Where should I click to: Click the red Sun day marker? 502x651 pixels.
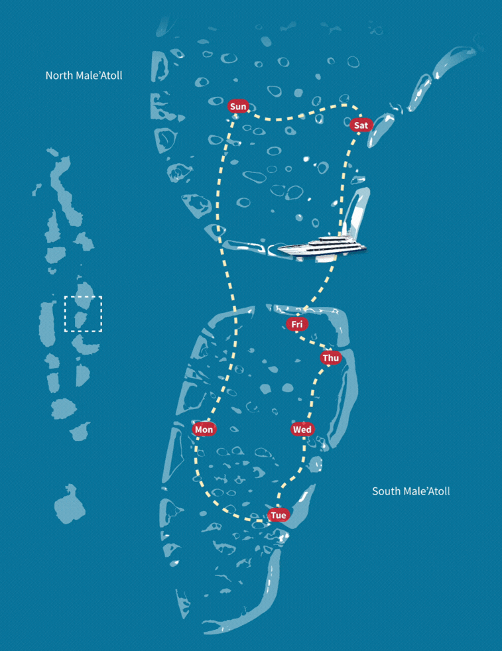tap(237, 106)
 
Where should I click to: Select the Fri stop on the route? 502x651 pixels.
tap(297, 324)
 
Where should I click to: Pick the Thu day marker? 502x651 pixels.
tap(330, 358)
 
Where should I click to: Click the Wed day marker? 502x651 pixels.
tap(302, 430)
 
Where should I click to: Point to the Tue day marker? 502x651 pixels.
tap(279, 515)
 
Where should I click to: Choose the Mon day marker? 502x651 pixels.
tap(204, 430)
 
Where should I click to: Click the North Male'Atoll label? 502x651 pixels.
tap(84, 76)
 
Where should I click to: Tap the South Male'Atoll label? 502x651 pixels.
tap(410, 491)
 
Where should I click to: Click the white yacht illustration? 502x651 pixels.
tap(322, 245)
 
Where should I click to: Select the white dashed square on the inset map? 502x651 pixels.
tap(83, 314)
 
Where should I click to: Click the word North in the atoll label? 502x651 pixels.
tap(58, 76)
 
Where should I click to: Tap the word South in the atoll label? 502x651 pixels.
tap(386, 491)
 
